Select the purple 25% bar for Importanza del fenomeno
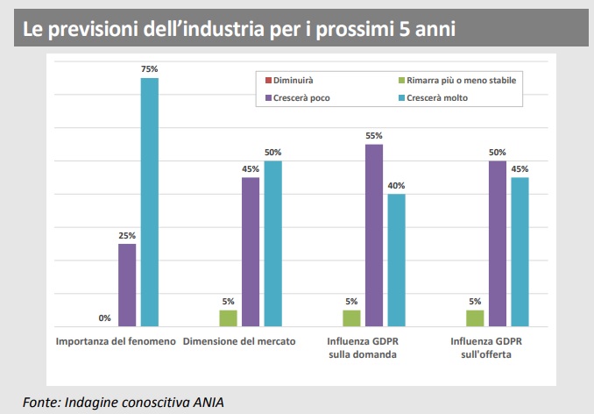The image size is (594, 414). [127, 284]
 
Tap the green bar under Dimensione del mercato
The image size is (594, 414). [228, 318]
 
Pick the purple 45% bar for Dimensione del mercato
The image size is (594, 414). [251, 252]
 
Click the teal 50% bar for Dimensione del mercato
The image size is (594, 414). [273, 243]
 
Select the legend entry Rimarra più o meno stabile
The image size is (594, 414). [455, 81]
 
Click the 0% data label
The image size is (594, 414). [104, 318]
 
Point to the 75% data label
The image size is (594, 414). [150, 68]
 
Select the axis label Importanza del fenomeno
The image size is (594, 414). [116, 341]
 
